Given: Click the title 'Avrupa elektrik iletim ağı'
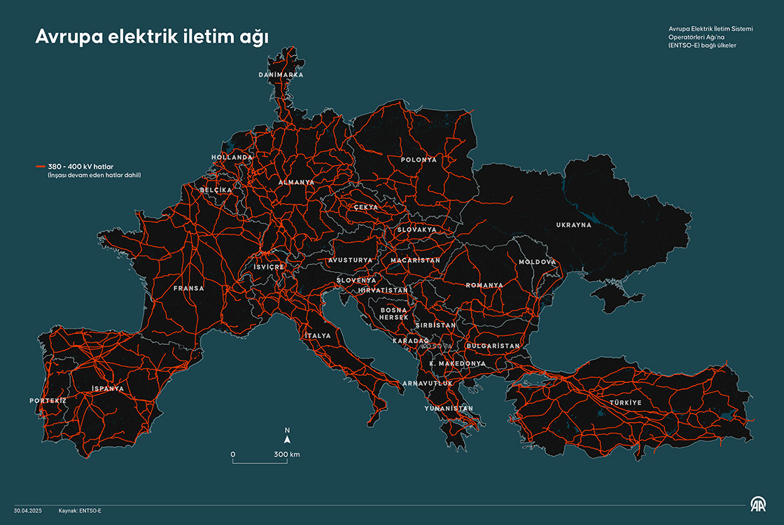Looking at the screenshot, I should pyautogui.click(x=152, y=37).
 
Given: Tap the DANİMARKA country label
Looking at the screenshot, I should pyautogui.click(x=281, y=74).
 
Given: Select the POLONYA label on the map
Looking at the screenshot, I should pyautogui.click(x=419, y=160).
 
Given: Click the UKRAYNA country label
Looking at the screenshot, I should pyautogui.click(x=573, y=225).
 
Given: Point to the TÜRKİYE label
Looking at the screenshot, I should pyautogui.click(x=624, y=402).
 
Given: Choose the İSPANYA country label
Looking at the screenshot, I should pyautogui.click(x=107, y=388).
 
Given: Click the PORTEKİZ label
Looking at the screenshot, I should pyautogui.click(x=48, y=400).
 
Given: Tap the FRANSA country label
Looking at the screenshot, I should pyautogui.click(x=189, y=288).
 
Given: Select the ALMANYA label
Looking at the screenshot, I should pyautogui.click(x=296, y=182).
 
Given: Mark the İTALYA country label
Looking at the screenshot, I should pyautogui.click(x=317, y=336).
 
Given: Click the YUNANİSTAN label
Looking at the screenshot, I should pyautogui.click(x=448, y=408).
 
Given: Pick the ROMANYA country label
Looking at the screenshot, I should pyautogui.click(x=484, y=285).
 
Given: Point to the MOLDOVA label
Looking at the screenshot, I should pyautogui.click(x=537, y=262).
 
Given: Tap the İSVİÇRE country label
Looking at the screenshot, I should pyautogui.click(x=269, y=267).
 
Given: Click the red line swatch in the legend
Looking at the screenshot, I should pyautogui.click(x=41, y=166).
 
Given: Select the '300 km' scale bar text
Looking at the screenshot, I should pyautogui.click(x=286, y=454).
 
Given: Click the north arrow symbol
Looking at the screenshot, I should pyautogui.click(x=287, y=440).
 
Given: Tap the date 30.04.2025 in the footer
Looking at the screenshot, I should pyautogui.click(x=27, y=511).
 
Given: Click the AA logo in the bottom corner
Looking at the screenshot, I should pyautogui.click(x=759, y=504).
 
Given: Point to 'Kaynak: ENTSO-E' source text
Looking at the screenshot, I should pyautogui.click(x=80, y=511).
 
